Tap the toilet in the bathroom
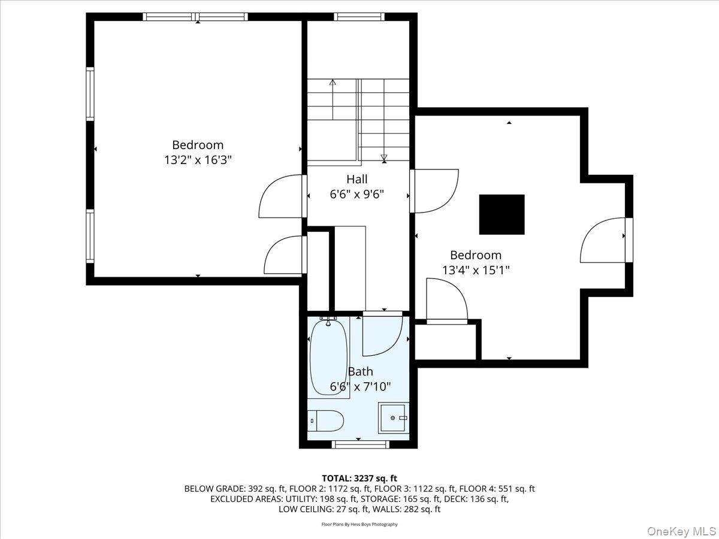326,420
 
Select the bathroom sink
393,418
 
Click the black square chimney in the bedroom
502,214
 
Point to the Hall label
357,179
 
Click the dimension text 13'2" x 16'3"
198,160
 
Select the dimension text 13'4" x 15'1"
476,270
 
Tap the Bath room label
360,371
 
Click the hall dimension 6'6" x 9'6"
357,194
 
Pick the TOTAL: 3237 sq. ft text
359,478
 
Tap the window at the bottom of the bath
360,444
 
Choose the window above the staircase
359,17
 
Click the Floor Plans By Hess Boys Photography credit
359,524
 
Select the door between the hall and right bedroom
434,190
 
